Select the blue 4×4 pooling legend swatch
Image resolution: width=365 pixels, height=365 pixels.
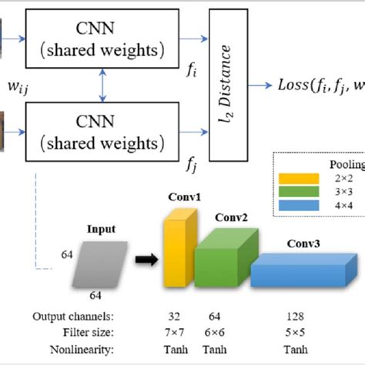[x=301, y=206]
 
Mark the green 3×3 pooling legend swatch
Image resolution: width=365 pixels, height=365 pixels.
[x=301, y=193]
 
